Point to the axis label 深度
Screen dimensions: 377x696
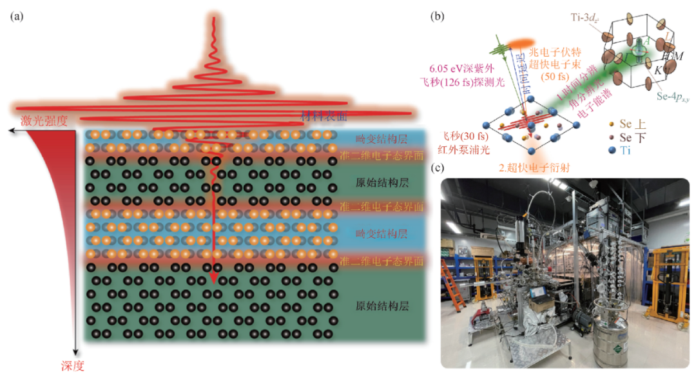[73, 365]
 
